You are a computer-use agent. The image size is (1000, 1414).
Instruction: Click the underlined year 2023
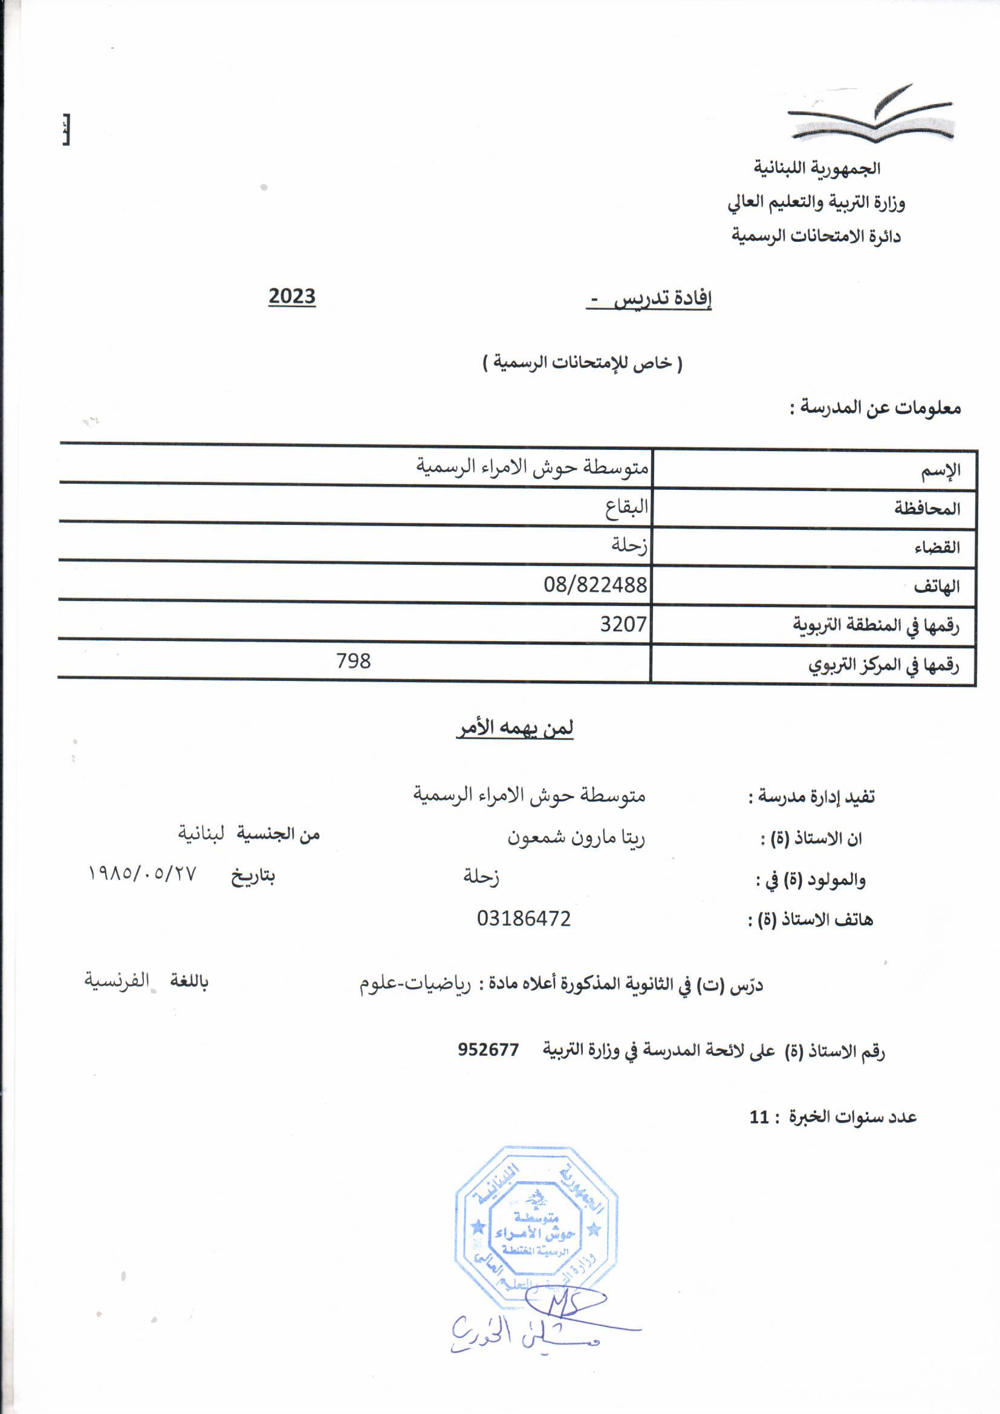click(x=292, y=296)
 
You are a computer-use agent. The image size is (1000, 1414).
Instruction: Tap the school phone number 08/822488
click(x=595, y=584)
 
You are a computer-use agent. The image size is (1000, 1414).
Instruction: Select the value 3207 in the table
click(x=623, y=624)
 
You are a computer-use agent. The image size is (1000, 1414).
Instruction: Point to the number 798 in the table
click(x=354, y=661)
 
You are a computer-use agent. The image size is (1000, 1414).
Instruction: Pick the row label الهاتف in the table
click(x=937, y=587)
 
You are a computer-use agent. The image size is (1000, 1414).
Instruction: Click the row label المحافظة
click(x=927, y=509)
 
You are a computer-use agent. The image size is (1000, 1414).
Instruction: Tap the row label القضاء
click(x=937, y=547)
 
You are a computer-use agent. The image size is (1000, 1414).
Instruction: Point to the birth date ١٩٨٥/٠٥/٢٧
click(x=142, y=873)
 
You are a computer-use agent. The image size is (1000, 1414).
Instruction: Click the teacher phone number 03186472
click(x=524, y=918)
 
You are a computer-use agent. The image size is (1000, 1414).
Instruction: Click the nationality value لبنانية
click(x=201, y=834)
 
